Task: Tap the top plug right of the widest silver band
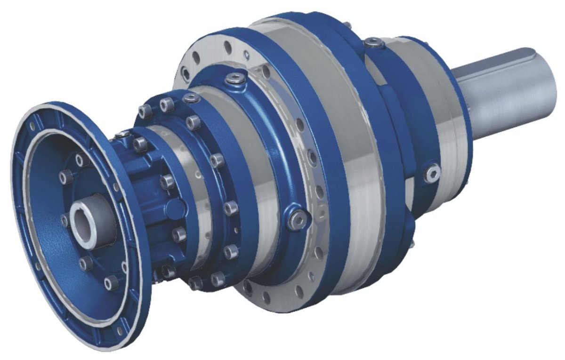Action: click(373, 44)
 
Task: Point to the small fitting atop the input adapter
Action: click(123, 135)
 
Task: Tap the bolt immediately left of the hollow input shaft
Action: click(64, 220)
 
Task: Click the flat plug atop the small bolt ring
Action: click(190, 98)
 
